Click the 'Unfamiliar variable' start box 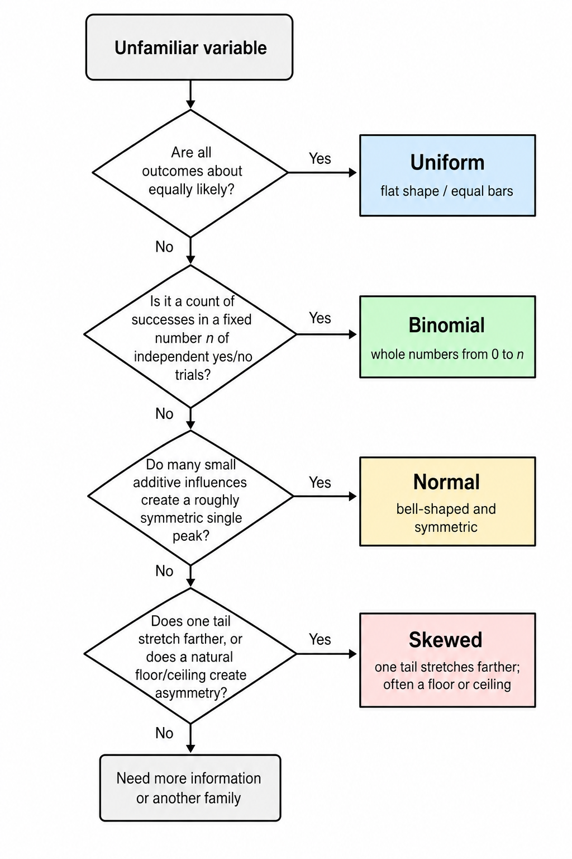(x=189, y=47)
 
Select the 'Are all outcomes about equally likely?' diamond (x=190, y=173)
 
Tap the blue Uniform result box (x=447, y=175)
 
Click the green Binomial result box (x=447, y=337)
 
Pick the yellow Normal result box (x=447, y=501)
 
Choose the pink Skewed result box (x=447, y=659)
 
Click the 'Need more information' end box (x=190, y=787)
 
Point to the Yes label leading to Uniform (x=320, y=158)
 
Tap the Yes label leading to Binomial (x=320, y=318)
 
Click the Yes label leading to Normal (x=320, y=483)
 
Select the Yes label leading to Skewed (x=320, y=639)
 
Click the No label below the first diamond (x=164, y=247)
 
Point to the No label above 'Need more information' (x=164, y=733)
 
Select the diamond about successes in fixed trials (x=190, y=334)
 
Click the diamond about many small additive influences (x=190, y=496)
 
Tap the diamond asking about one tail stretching (x=190, y=654)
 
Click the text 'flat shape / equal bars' (x=447, y=191)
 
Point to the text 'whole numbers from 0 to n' (x=447, y=355)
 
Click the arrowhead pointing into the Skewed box (x=353, y=654)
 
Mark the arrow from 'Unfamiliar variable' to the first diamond (x=190, y=95)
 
